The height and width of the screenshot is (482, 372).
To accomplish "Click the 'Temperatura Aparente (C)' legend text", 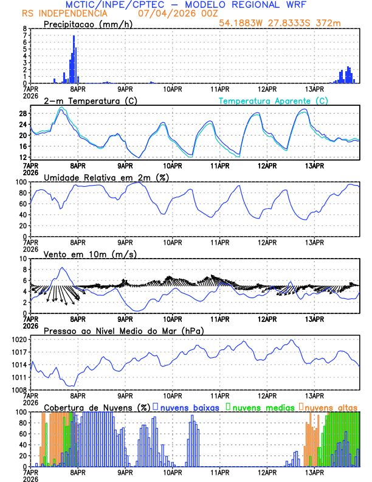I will click(x=273, y=100).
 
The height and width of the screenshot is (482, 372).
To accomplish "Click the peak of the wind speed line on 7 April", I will click(x=61, y=268).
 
